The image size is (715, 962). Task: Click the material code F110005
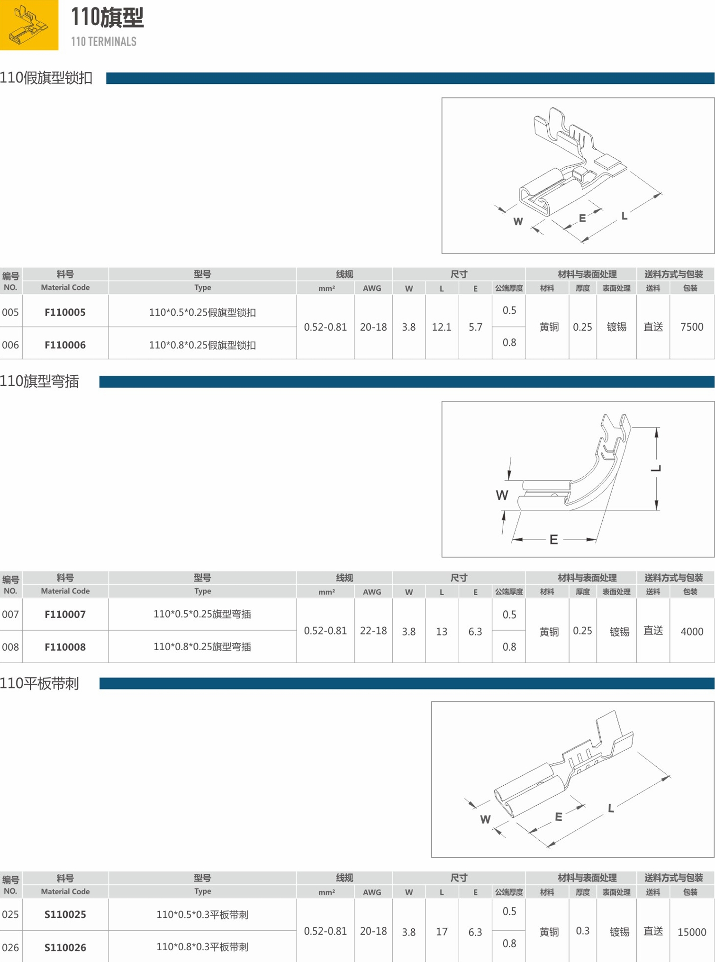(x=65, y=312)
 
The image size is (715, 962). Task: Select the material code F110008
(x=65, y=647)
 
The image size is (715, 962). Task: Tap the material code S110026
(x=65, y=947)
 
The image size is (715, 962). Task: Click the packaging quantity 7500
(x=691, y=327)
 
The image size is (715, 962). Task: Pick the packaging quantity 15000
(x=692, y=932)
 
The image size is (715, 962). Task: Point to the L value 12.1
(x=441, y=327)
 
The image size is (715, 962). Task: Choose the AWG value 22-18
(x=373, y=631)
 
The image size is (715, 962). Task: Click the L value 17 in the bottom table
(x=442, y=932)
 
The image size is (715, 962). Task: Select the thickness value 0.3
(x=582, y=931)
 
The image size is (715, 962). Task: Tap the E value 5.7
(x=475, y=327)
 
